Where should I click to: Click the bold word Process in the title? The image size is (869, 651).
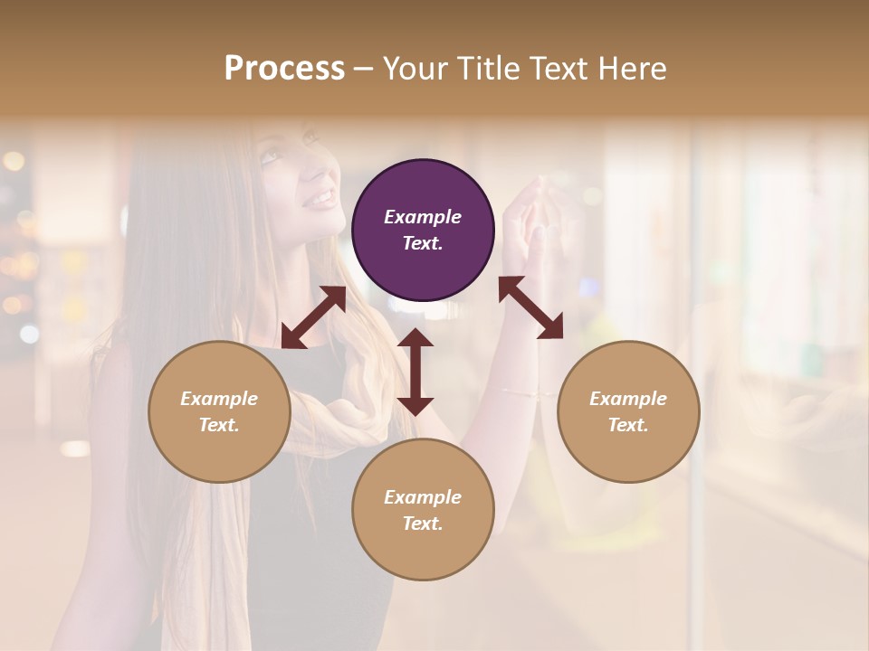pyautogui.click(x=284, y=69)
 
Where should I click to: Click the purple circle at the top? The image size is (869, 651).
pyautogui.click(x=423, y=230)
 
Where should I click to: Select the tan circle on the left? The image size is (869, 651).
pyautogui.click(x=219, y=411)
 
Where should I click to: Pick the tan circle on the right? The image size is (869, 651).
pyautogui.click(x=628, y=411)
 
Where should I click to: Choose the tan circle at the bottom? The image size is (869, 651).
pyautogui.click(x=423, y=510)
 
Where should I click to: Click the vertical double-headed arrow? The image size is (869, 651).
pyautogui.click(x=415, y=372)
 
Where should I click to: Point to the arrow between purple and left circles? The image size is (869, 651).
pyautogui.click(x=313, y=317)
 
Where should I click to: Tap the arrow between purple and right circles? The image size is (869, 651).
pyautogui.click(x=531, y=307)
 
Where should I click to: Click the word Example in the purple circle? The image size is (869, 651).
pyautogui.click(x=423, y=217)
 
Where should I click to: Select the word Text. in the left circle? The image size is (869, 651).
pyautogui.click(x=219, y=425)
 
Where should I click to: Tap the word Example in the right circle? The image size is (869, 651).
pyautogui.click(x=628, y=399)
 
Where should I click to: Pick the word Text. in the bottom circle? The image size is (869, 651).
pyautogui.click(x=423, y=524)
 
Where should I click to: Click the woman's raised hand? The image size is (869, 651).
pyautogui.click(x=534, y=212)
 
